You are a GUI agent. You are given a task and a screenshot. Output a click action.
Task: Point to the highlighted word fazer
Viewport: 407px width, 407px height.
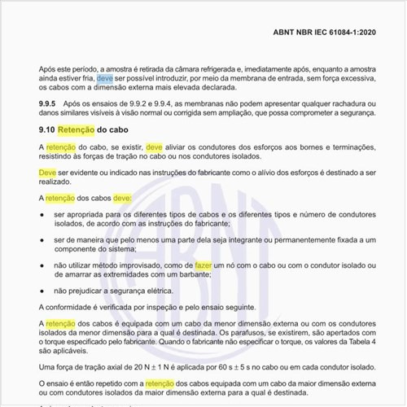203,265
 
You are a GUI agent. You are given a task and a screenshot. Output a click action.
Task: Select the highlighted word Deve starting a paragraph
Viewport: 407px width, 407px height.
47,173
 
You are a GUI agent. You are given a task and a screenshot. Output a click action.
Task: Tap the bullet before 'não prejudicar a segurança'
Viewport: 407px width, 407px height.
43,290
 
